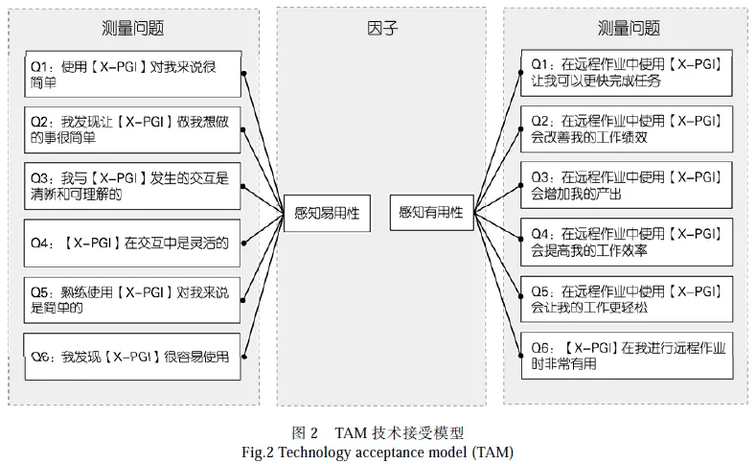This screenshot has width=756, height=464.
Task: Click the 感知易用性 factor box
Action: [327, 212]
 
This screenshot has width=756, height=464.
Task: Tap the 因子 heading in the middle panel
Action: [381, 28]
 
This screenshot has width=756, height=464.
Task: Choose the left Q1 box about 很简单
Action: [132, 74]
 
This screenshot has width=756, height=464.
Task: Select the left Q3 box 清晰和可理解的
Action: [132, 185]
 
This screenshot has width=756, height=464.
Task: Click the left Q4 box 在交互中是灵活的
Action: [132, 243]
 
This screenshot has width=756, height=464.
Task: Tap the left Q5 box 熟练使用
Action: [132, 299]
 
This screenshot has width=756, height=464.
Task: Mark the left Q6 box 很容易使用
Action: [132, 358]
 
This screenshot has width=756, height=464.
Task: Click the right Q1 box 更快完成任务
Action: [627, 73]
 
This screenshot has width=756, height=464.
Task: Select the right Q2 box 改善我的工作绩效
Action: [627, 129]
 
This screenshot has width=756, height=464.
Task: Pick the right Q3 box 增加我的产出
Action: [627, 185]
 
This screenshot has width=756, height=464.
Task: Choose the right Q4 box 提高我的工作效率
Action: [627, 243]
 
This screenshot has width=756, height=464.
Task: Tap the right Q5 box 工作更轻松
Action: [627, 299]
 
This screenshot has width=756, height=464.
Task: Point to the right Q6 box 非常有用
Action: [627, 356]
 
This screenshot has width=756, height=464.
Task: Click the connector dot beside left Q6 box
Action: [246, 359]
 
